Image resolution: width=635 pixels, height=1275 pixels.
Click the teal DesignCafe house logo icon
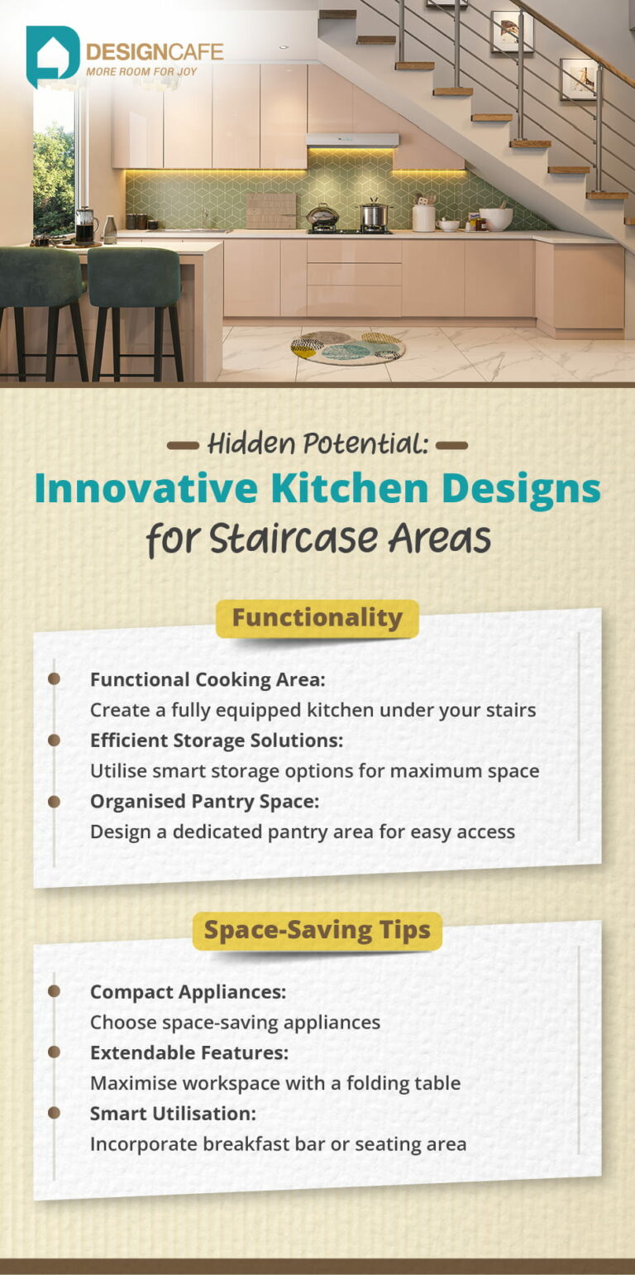52,55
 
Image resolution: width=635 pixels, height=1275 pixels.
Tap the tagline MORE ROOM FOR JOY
154,72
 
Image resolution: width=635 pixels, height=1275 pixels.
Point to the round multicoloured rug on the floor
348,348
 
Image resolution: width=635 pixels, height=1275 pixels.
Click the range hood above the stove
351,140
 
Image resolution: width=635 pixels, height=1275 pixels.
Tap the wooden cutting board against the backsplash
270,210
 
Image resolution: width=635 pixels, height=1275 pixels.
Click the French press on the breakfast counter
84,225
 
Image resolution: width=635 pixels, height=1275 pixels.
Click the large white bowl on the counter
496,218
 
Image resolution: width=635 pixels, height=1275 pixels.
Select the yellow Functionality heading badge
317,618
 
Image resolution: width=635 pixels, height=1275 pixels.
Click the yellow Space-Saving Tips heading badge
317,930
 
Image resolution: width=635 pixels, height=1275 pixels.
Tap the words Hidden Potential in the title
317,444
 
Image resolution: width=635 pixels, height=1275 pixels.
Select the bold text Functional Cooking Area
208,679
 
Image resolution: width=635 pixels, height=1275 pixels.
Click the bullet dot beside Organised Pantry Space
54,801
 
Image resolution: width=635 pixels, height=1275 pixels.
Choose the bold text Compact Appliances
188,991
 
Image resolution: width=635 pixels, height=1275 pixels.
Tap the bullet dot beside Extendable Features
54,1052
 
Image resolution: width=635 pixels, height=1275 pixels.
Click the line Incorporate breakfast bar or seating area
278,1144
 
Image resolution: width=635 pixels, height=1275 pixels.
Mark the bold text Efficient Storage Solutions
216,741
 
